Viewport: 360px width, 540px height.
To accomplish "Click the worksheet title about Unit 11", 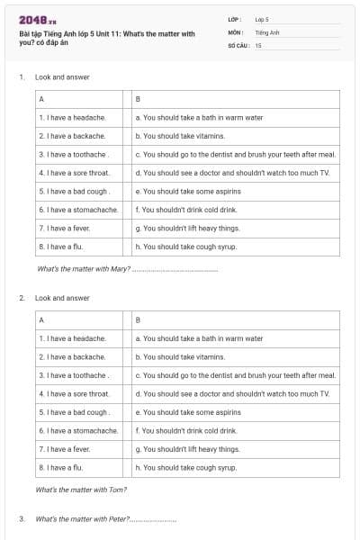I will point(106,38).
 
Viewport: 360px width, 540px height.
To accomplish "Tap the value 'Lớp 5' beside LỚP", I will point(262,18).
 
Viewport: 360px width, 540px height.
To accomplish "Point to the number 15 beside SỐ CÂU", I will point(258,45).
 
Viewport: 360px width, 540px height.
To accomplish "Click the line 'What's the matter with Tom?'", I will point(80,490).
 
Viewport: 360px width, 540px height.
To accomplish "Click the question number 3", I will point(21,519).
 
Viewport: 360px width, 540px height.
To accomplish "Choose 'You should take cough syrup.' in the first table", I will point(185,247).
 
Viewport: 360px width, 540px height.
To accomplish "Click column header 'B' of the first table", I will point(137,99).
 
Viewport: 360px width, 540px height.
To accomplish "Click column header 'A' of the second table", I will point(41,319).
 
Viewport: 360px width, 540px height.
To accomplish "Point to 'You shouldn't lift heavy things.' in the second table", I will point(187,449).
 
